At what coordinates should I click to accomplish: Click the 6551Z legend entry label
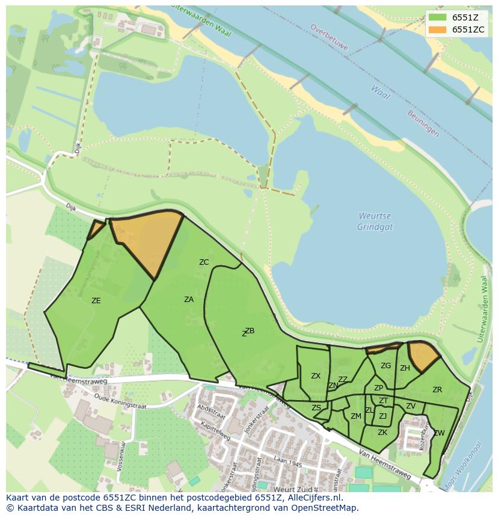pyautogui.click(x=466, y=17)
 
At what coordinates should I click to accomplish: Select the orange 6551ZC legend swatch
pyautogui.click(x=438, y=29)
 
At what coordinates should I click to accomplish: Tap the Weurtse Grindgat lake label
pyautogui.click(x=375, y=221)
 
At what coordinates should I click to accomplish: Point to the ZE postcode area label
pyautogui.click(x=96, y=300)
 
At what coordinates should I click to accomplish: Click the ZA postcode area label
pyautogui.click(x=189, y=299)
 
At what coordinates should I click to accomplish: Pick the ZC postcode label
pyautogui.click(x=204, y=262)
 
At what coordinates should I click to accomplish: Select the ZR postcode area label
pyautogui.click(x=437, y=390)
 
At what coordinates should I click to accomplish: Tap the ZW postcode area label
pyautogui.click(x=439, y=433)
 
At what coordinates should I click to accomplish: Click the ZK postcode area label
pyautogui.click(x=383, y=432)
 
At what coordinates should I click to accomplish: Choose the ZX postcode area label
pyautogui.click(x=316, y=375)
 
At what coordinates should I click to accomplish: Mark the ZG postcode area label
pyautogui.click(x=386, y=365)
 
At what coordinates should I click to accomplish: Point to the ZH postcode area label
pyautogui.click(x=405, y=368)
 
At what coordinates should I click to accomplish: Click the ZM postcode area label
pyautogui.click(x=356, y=416)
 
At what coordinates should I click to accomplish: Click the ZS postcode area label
pyautogui.click(x=316, y=407)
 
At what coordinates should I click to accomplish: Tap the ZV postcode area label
pyautogui.click(x=411, y=406)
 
